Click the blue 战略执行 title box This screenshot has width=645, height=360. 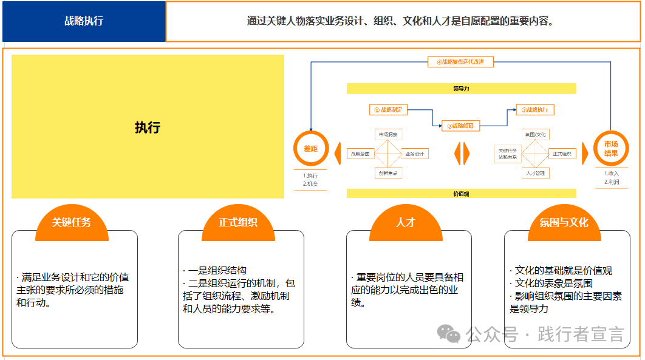[84, 21]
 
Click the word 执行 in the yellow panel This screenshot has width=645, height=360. [148, 127]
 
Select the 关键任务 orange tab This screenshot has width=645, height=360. [72, 222]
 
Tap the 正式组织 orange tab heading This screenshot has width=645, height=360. [238, 222]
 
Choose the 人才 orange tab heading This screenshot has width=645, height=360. [406, 222]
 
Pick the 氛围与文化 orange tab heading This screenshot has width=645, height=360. [564, 222]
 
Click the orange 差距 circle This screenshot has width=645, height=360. [311, 148]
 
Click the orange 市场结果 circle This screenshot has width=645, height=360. [610, 149]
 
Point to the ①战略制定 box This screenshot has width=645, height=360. [388, 110]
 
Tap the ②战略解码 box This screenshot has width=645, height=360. [460, 126]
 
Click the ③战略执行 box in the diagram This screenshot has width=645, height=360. [535, 110]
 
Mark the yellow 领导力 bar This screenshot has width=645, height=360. [461, 89]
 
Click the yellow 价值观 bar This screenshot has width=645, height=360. [461, 194]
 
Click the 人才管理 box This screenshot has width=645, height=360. [535, 173]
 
